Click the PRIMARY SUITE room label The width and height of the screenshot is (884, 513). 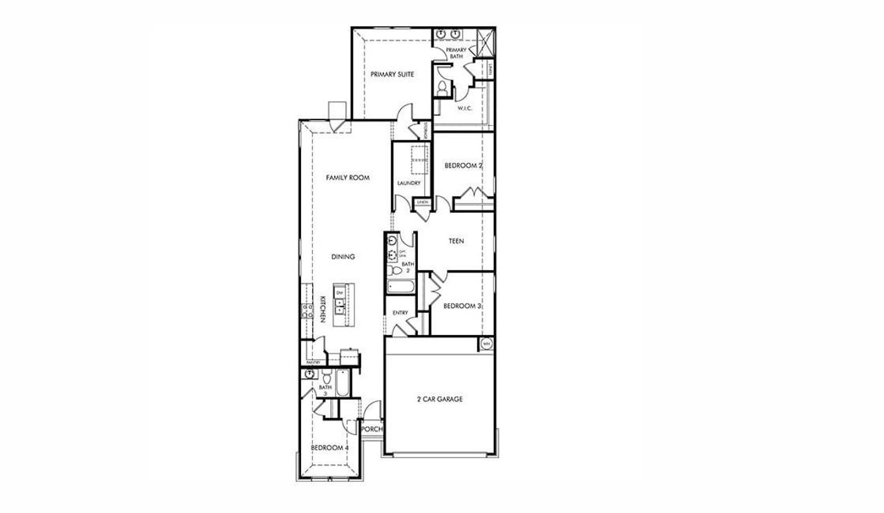pos(392,74)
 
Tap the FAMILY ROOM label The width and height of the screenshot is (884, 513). pos(347,177)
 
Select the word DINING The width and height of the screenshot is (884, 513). pos(343,257)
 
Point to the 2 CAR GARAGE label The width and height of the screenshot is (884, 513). pos(439,399)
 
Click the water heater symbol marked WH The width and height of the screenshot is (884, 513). pos(486,344)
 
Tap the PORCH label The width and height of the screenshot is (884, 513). pos(372,429)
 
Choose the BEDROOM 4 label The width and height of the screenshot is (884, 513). pos(329,448)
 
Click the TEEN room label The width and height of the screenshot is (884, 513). pos(456,242)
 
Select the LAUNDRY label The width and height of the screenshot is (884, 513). pos(409,183)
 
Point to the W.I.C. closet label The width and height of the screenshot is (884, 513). pos(463,108)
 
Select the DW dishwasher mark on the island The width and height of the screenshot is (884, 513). pos(340,293)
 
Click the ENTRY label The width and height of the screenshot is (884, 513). pos(400,313)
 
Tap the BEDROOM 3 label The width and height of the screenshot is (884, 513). pos(462,306)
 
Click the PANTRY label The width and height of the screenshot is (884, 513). pos(313,362)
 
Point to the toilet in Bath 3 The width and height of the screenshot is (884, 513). pos(326,378)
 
